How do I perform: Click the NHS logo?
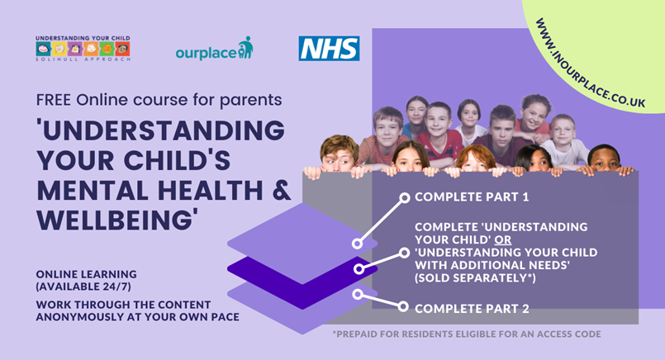[x=329, y=49]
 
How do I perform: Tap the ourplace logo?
[x=214, y=49]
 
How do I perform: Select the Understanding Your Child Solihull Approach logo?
[x=83, y=49]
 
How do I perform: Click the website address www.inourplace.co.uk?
[x=591, y=63]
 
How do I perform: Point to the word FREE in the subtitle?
[x=55, y=100]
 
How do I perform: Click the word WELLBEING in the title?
[x=117, y=220]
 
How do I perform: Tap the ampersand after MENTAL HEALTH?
[x=282, y=191]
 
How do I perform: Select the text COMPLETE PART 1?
[x=472, y=197]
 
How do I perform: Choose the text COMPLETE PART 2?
[x=472, y=309]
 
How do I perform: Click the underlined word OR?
[x=503, y=240]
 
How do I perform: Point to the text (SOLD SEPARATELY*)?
[x=476, y=278]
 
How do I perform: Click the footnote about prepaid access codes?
[x=467, y=334]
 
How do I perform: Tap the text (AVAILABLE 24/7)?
[x=83, y=287]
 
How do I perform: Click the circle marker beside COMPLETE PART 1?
[x=405, y=197]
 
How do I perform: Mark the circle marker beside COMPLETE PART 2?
[x=403, y=306]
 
